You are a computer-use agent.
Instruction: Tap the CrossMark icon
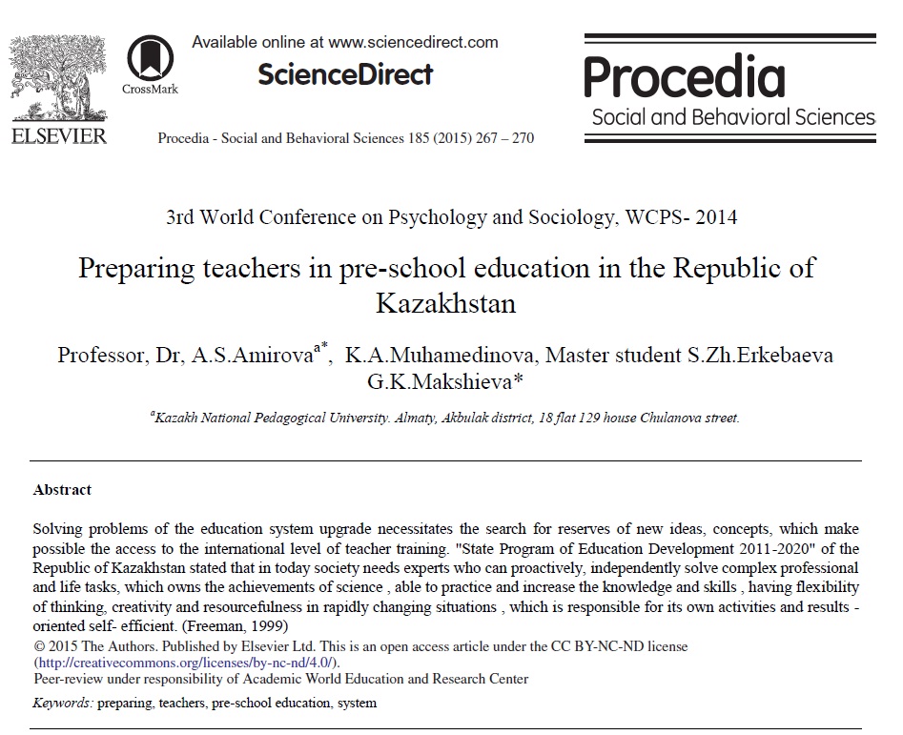coord(149,58)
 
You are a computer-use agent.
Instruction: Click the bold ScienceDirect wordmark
coord(345,73)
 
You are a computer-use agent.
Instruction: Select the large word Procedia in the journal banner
coord(684,77)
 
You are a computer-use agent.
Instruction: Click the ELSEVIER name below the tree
coord(59,136)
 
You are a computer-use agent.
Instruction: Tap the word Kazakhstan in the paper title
coord(446,304)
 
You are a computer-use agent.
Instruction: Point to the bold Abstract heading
coord(62,490)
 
